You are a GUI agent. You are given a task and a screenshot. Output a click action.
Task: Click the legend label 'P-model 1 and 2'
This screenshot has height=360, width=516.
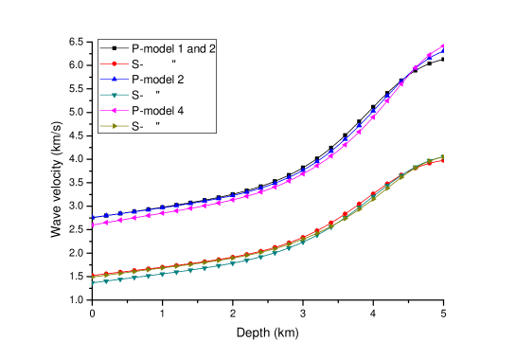[179, 47]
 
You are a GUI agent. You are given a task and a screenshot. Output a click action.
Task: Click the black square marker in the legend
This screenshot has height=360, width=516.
[114, 47]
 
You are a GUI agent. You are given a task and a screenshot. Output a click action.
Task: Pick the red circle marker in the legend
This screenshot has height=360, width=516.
[114, 63]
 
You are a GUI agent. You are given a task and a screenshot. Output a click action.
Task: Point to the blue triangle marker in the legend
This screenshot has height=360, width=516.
[114, 79]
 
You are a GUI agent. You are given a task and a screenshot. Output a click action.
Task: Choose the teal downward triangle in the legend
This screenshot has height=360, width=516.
[114, 95]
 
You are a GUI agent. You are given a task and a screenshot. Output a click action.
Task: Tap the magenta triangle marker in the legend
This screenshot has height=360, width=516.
[114, 110]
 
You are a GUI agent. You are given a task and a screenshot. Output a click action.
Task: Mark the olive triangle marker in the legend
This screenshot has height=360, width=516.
[114, 125]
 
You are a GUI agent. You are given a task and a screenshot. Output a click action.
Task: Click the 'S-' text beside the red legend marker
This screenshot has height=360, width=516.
[137, 63]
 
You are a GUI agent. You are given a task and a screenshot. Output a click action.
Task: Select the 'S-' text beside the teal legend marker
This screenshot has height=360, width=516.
[137, 95]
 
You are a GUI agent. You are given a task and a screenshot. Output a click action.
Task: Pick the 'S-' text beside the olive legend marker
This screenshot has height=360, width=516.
[137, 125]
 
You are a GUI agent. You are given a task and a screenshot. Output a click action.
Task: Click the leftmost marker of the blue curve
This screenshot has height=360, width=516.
[92, 218]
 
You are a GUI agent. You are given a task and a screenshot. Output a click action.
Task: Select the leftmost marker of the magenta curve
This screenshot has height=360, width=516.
[92, 225]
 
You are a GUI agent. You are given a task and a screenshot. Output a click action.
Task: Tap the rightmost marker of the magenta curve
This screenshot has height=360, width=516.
[443, 45]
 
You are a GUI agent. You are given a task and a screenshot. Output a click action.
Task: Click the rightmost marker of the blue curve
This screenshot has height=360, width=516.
[443, 49]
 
